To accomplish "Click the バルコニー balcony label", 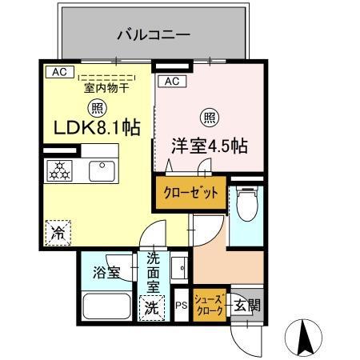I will (x=153, y=35).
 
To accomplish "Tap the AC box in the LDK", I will (x=58, y=72).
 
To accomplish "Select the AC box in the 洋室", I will (x=170, y=82).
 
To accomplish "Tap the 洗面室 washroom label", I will (x=153, y=273).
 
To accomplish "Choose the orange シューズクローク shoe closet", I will (x=210, y=305).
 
